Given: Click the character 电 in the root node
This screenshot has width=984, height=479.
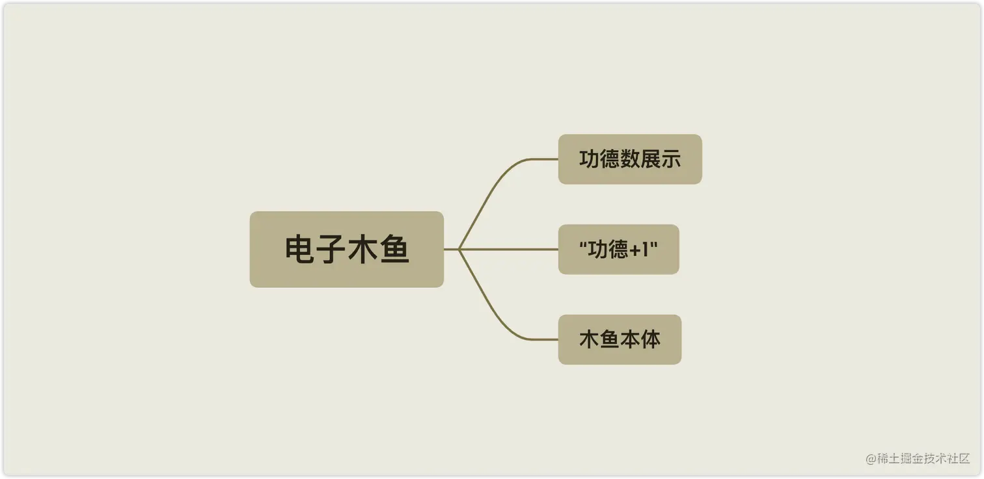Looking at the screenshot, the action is [x=300, y=250].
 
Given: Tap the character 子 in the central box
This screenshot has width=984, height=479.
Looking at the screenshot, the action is [x=331, y=250].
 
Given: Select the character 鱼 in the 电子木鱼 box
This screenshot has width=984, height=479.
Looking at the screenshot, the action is [x=394, y=250].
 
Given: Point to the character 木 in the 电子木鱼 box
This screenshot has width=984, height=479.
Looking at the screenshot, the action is [x=362, y=250].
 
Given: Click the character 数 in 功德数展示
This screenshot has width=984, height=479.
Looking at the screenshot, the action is [x=630, y=159].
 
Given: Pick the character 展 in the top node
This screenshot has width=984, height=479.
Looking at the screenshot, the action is [x=650, y=159].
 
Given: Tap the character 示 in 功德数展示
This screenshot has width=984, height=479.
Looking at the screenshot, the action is [x=670, y=159].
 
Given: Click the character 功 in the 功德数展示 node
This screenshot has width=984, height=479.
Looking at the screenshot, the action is [x=589, y=159].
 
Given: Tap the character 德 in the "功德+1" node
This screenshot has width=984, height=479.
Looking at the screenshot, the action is [x=618, y=250].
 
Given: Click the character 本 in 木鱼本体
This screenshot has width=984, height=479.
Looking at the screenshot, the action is [x=630, y=339].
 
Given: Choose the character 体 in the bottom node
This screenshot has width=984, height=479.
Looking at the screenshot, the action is [x=650, y=339].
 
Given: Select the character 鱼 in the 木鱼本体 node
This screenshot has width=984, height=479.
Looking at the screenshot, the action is [x=610, y=339].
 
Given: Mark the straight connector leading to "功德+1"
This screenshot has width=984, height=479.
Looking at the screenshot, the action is [x=514, y=249].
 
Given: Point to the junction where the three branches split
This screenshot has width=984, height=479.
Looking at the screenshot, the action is [x=459, y=249].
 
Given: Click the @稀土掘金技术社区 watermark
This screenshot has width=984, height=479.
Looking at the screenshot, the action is [x=918, y=458].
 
